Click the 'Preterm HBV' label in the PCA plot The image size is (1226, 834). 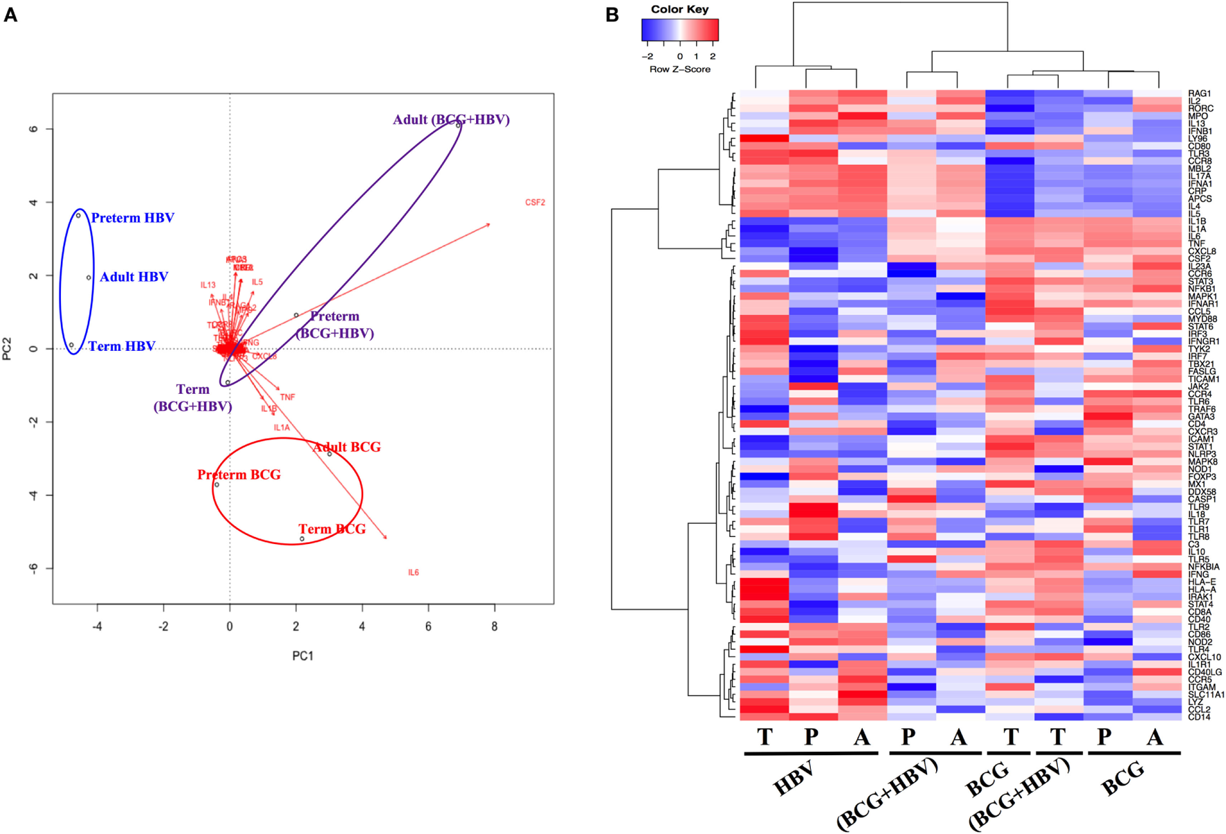(132, 218)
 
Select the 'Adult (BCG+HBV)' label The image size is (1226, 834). (451, 120)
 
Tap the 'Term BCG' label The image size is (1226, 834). (331, 529)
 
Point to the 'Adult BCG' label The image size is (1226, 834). (346, 447)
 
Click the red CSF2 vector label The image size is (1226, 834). (535, 203)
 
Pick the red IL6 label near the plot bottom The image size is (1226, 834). (413, 572)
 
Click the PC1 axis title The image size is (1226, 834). (302, 655)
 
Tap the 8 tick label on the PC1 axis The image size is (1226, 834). (494, 626)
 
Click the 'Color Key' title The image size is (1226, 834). (679, 9)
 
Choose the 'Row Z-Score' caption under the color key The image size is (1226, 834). (679, 69)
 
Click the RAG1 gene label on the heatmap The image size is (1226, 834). (1200, 93)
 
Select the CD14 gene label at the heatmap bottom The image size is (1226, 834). (1199, 717)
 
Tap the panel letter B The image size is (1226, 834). (612, 15)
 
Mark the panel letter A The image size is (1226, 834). (10, 15)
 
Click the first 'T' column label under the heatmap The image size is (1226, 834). (764, 737)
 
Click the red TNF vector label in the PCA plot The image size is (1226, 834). (287, 397)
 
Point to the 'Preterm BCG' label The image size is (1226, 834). (239, 475)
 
